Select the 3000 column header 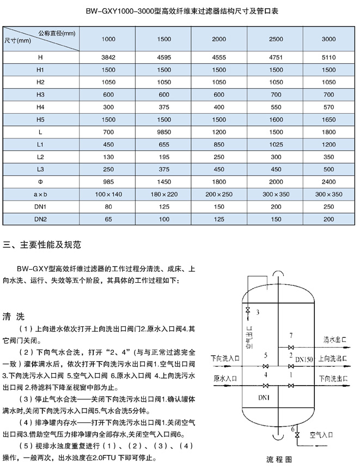coord(329,40)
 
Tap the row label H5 coord(40,119)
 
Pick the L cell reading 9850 coord(164,132)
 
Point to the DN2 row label coord(40,220)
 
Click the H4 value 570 coord(329,107)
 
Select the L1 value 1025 coord(274,144)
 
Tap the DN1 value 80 coord(109,207)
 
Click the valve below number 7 coord(292,347)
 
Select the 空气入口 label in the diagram coord(321,434)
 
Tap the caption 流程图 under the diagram coord(278,459)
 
